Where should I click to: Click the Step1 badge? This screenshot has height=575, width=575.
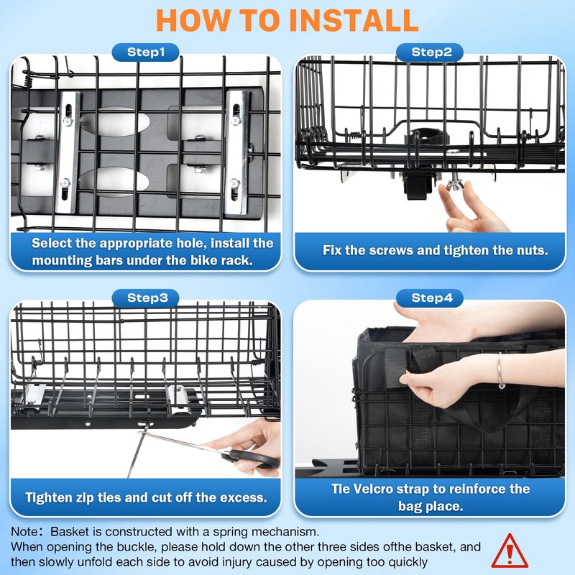click(146, 52)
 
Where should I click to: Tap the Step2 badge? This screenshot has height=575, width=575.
click(430, 52)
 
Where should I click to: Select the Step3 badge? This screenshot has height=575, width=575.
click(146, 298)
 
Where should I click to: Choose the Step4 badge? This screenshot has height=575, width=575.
click(430, 298)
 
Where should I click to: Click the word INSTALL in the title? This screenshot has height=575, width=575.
click(354, 20)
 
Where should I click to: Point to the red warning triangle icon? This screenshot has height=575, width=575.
click(510, 551)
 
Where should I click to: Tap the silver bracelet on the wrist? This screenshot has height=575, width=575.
click(500, 371)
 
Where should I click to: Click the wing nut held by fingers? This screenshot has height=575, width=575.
click(455, 183)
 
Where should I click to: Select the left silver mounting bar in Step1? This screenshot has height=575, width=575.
click(68, 152)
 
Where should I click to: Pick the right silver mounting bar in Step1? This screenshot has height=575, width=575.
click(237, 152)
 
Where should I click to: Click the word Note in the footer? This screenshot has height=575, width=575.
click(24, 532)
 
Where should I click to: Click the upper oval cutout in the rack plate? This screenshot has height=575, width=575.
click(114, 122)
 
